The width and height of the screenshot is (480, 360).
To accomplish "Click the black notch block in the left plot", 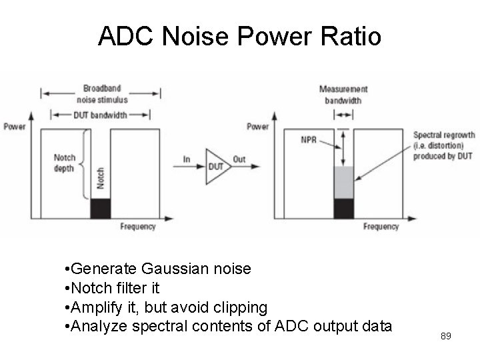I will click(x=101, y=208).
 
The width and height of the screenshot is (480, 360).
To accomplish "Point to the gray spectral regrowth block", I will click(x=343, y=183).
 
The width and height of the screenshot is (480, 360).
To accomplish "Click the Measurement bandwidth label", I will click(x=343, y=95).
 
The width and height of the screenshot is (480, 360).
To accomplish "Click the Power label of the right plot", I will click(x=257, y=127).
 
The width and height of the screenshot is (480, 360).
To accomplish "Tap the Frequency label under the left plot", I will click(x=138, y=227).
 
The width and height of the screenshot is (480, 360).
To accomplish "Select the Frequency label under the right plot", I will click(x=381, y=227).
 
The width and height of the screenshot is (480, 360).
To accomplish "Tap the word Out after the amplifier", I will click(x=239, y=159).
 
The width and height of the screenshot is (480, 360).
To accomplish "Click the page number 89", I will click(x=446, y=336).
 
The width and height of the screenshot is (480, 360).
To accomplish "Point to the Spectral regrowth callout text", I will click(x=443, y=145).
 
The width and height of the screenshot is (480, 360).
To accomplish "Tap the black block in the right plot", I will click(x=343, y=208).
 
